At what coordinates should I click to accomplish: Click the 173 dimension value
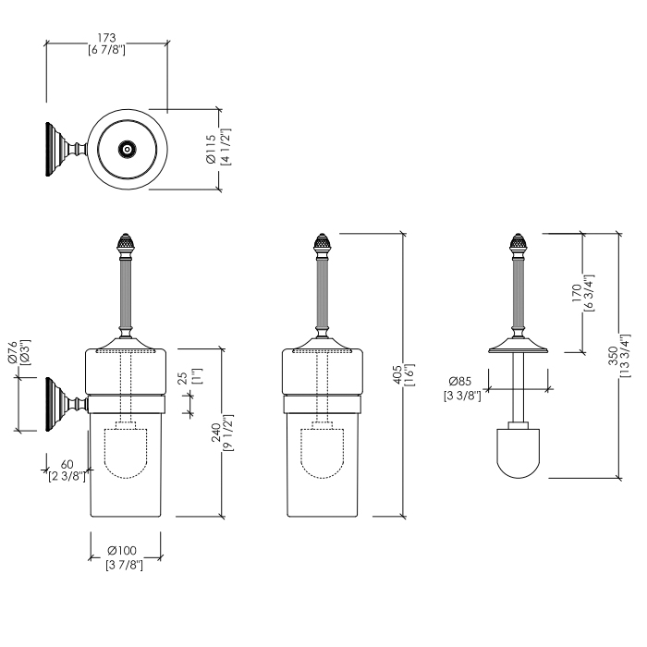click(106, 37)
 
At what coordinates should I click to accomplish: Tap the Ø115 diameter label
click(211, 145)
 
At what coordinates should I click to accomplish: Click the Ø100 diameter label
click(125, 552)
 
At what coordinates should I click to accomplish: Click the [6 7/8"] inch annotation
click(106, 50)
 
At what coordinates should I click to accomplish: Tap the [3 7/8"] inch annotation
click(125, 565)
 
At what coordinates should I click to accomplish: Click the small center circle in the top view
click(127, 148)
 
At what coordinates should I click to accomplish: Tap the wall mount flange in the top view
click(50, 148)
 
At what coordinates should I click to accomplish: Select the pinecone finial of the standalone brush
click(519, 248)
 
